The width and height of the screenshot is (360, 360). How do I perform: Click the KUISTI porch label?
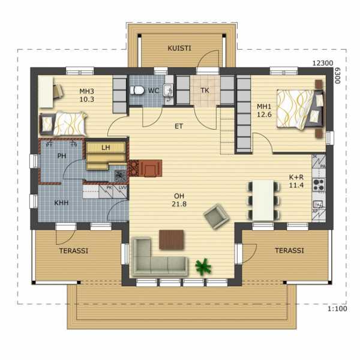(179, 48)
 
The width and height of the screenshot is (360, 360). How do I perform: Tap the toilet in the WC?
(137, 90)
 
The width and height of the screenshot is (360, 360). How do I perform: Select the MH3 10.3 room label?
(87, 95)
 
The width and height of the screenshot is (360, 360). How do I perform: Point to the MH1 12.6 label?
(264, 110)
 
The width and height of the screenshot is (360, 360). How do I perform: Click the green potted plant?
(203, 266)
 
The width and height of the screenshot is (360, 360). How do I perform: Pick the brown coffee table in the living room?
(172, 239)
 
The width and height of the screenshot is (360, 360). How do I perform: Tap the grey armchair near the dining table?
(216, 216)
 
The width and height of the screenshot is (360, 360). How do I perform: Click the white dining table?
(263, 200)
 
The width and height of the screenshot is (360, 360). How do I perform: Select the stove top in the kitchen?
(319, 185)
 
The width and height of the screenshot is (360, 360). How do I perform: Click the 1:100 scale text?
(337, 309)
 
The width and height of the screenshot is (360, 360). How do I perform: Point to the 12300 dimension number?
(323, 63)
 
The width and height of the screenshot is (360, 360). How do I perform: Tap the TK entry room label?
(205, 91)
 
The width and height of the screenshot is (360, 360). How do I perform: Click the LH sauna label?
(106, 148)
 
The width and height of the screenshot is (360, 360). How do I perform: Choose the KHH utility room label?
(61, 203)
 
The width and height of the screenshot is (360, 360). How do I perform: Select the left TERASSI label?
(74, 251)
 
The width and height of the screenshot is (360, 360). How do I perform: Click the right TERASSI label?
(289, 250)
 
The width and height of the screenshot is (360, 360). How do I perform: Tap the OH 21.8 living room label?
(179, 200)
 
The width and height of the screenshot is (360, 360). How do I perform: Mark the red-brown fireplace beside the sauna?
(146, 168)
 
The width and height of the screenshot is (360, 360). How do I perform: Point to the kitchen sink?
(318, 204)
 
